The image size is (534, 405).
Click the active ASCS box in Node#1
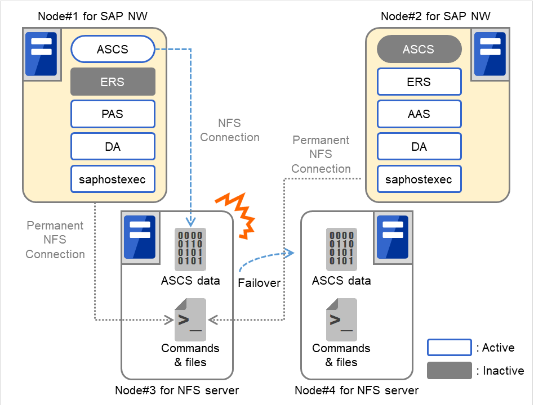coord(113,49)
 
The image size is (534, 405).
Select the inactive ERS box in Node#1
coord(113,82)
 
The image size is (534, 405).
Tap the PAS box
coord(113,114)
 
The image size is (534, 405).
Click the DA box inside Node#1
coord(113,147)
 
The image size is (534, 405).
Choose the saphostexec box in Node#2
coord(419,180)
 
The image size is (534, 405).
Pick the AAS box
coord(419,114)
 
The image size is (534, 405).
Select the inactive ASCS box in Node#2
coord(419,49)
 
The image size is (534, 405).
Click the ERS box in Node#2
coord(419,82)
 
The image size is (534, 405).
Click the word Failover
coord(259,283)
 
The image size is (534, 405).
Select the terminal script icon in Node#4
coord(341,320)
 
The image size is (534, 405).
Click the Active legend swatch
coord(449,348)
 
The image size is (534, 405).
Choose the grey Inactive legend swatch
coord(449,371)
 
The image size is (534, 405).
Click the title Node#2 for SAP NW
coord(435,16)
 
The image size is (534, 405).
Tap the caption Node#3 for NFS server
coord(177,390)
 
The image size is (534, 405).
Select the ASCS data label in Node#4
coord(341,281)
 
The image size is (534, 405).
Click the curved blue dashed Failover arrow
coord(265,259)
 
